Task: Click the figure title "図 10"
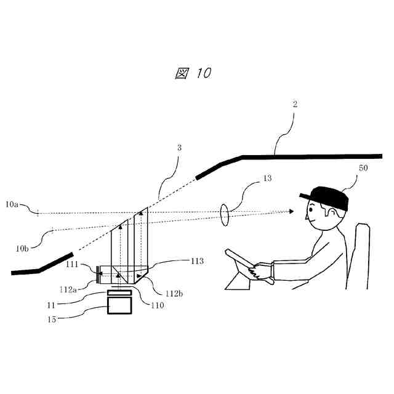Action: [x=193, y=73]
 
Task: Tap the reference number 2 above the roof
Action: [x=295, y=105]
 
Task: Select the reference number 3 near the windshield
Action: [x=180, y=148]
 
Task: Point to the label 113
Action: [x=196, y=262]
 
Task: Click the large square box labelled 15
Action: [x=119, y=305]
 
